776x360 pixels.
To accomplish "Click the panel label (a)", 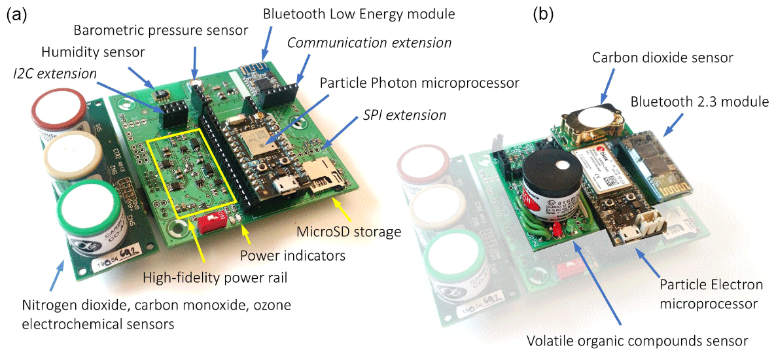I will (x=16, y=16).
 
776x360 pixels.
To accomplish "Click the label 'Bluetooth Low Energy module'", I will (x=358, y=13).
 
